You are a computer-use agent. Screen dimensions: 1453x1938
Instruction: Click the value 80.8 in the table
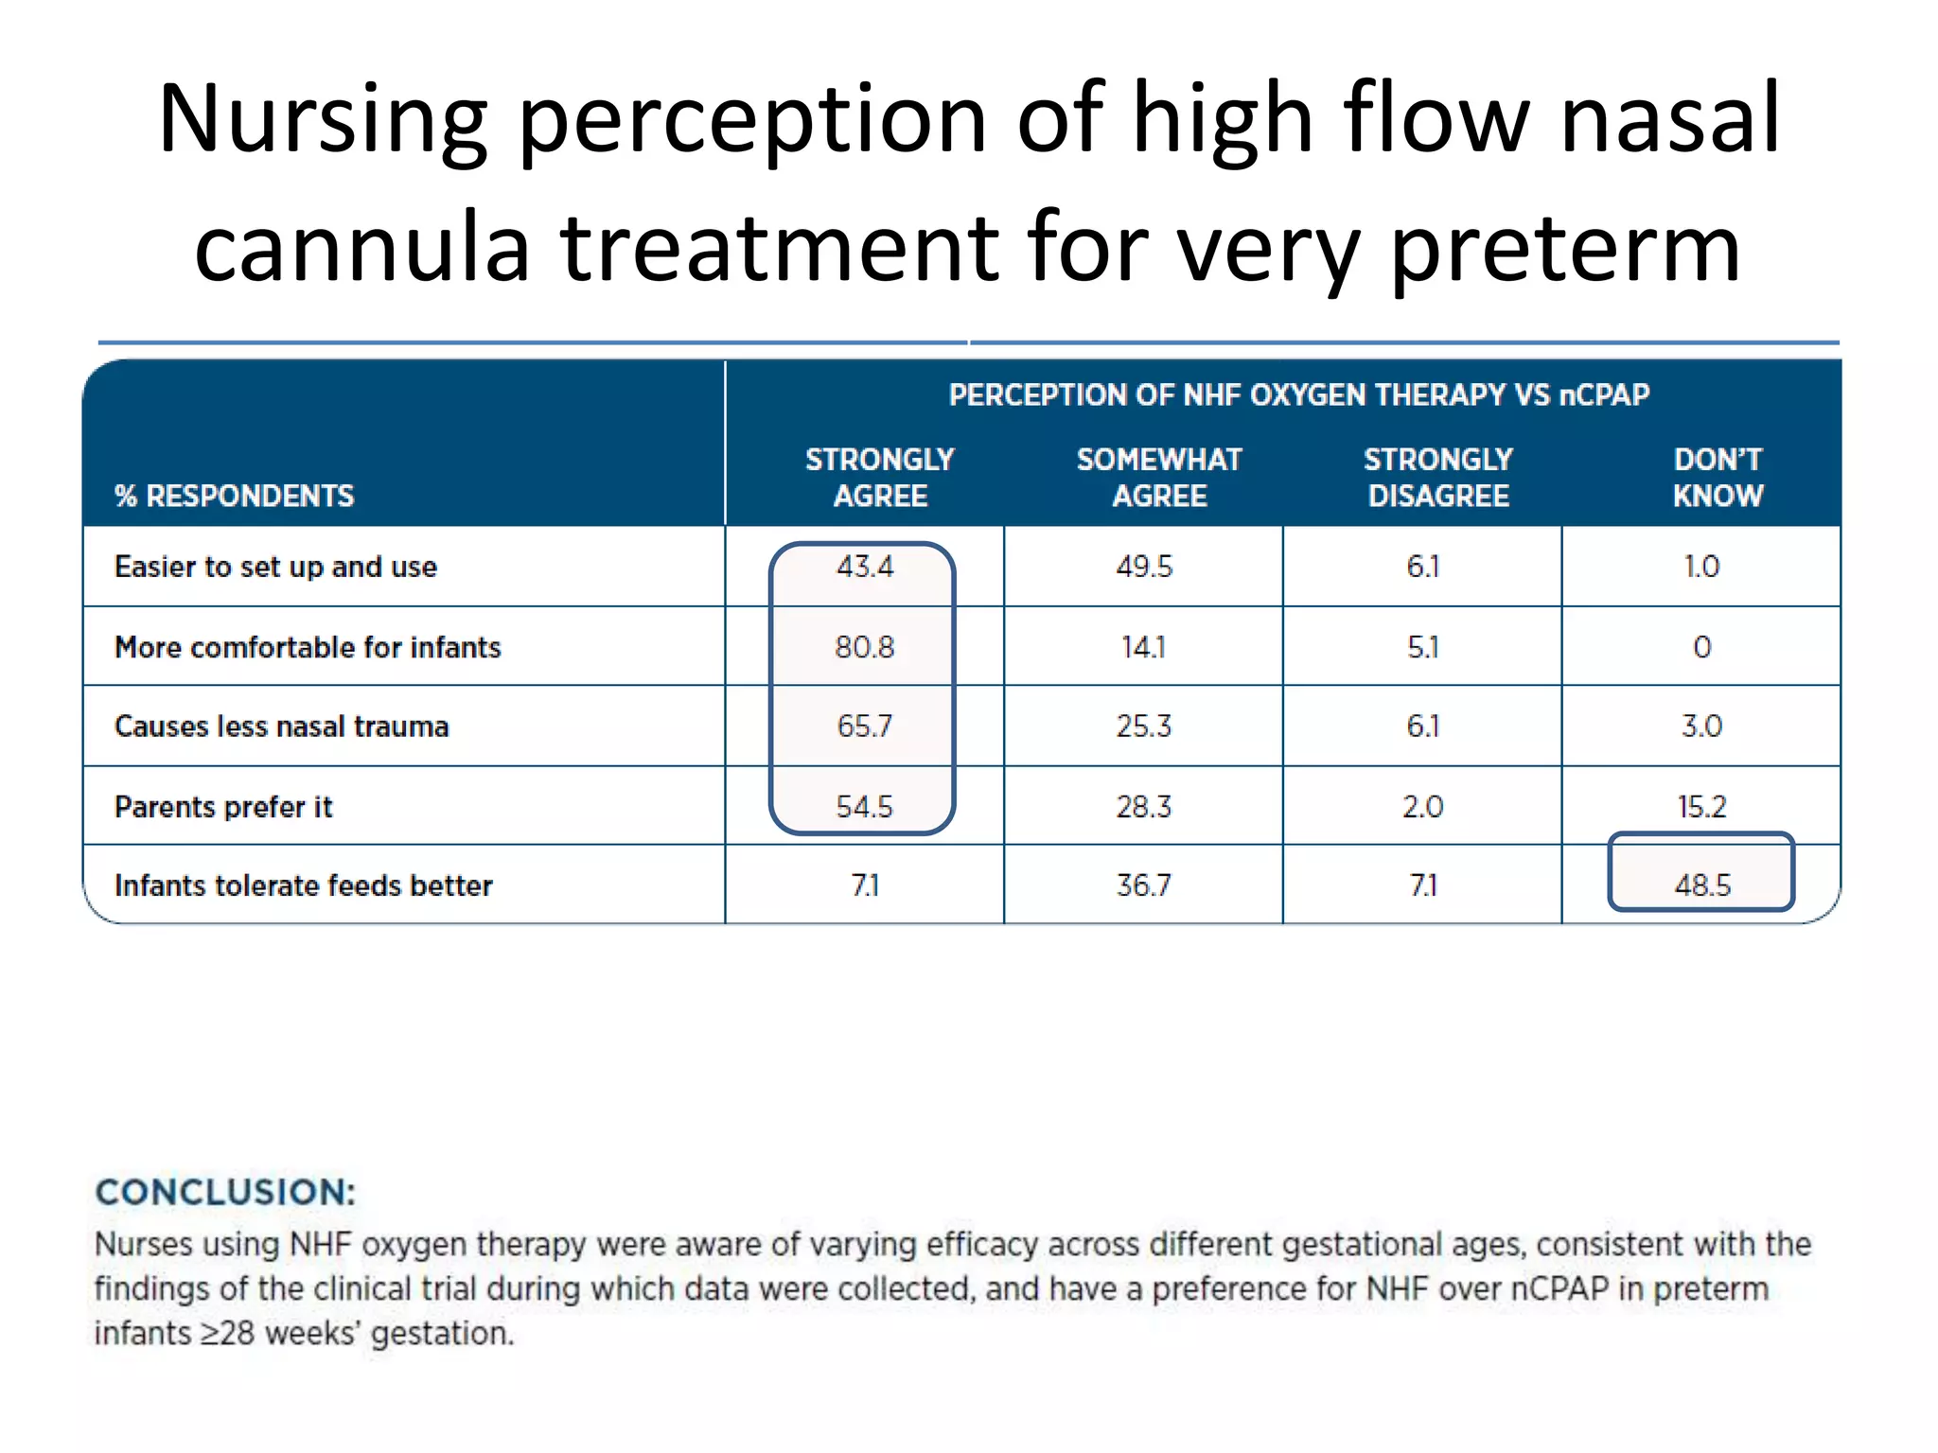click(864, 647)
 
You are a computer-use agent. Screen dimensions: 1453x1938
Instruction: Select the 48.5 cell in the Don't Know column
click(1701, 885)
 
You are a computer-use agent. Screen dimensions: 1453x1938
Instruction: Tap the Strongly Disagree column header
click(1437, 478)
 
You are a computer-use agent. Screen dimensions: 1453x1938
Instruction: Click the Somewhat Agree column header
click(1158, 478)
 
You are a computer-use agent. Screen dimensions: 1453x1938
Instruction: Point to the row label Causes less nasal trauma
click(281, 726)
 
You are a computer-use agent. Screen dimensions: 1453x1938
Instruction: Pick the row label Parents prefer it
click(223, 807)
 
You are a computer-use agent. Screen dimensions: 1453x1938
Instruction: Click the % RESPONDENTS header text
click(234, 496)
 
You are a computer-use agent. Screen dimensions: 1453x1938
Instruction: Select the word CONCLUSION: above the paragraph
click(225, 1193)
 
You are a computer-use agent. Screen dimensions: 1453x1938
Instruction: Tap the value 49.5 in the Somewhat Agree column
click(1143, 567)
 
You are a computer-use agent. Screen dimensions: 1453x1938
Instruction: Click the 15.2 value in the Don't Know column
click(1701, 807)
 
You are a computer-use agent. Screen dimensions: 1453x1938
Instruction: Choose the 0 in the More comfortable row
click(1701, 647)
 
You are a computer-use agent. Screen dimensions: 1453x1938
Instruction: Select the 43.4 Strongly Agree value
click(864, 567)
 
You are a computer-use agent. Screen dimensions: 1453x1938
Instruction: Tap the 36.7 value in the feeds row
click(1143, 885)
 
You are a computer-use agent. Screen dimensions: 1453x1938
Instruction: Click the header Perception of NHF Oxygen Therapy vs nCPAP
click(1298, 394)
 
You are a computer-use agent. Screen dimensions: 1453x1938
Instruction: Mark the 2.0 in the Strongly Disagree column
click(1422, 807)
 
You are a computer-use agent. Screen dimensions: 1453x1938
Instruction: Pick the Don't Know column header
click(1717, 478)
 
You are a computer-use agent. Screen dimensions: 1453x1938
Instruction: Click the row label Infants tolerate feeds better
click(303, 885)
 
